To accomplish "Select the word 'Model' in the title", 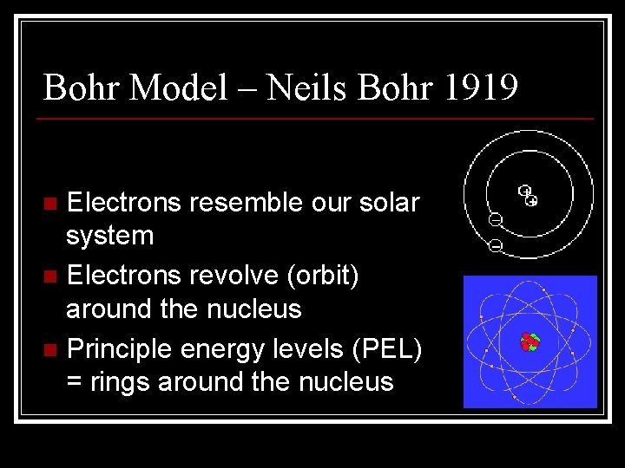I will coord(180,87).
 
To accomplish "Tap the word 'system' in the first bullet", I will coord(110,236).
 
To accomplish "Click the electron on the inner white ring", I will coord(495,218).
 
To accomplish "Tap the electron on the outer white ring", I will coord(495,246).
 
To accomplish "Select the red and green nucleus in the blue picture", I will coord(530,342).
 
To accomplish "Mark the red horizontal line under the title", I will coord(318,118).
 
